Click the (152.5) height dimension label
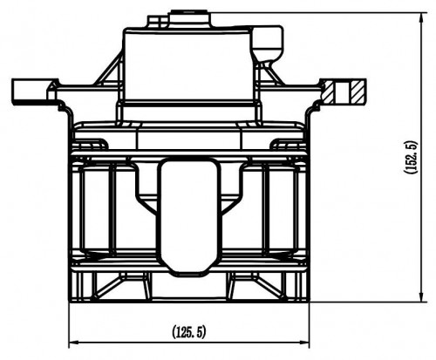(411, 158)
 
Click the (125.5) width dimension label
(189, 331)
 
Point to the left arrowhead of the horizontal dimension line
(74, 343)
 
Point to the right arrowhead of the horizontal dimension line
(303, 343)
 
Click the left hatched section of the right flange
(330, 92)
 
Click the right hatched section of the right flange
(358, 92)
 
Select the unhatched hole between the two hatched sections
(344, 92)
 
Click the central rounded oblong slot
(189, 216)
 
